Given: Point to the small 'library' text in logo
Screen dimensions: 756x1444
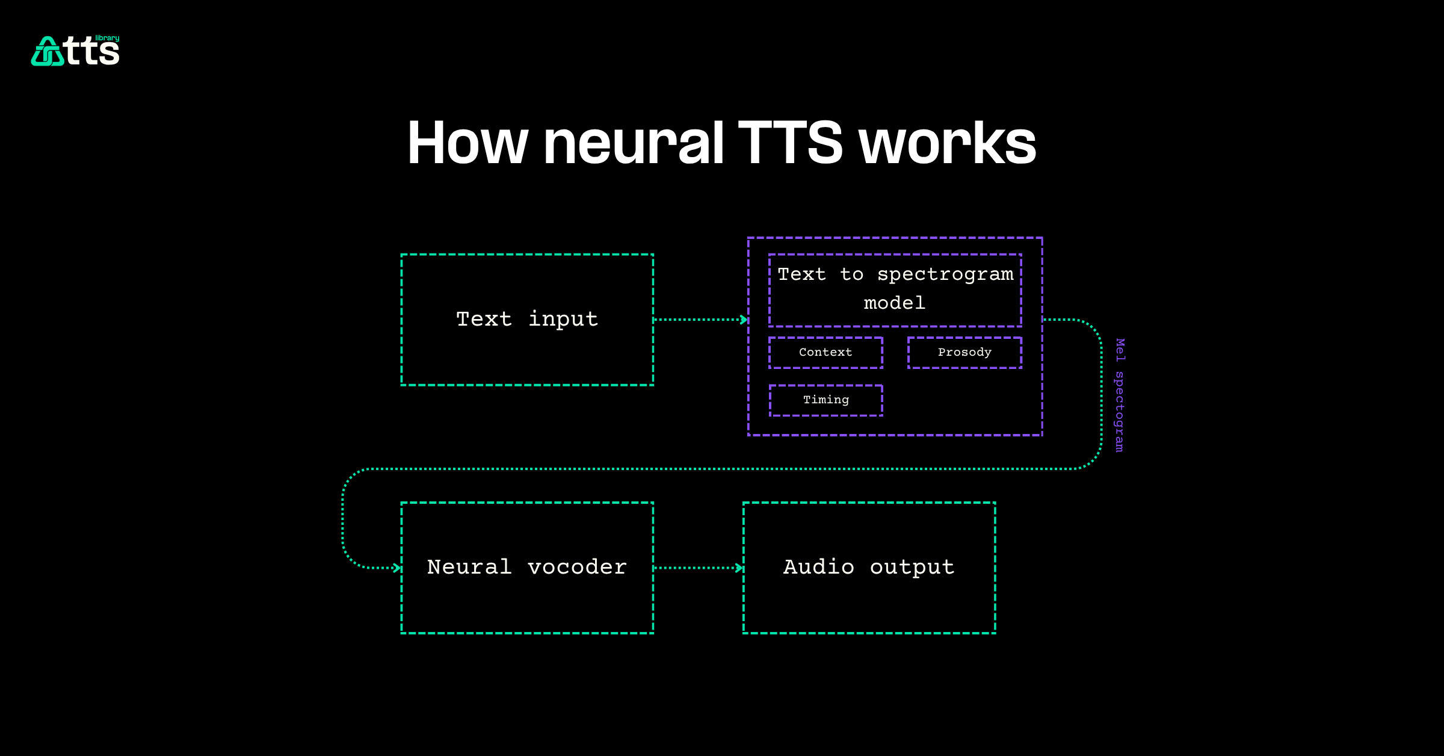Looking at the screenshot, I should tap(107, 38).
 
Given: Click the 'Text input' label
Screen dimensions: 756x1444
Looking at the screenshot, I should tap(527, 319).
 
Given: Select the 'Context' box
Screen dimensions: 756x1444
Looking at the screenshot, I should tap(825, 352).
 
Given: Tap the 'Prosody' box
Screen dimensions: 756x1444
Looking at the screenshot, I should tap(964, 352).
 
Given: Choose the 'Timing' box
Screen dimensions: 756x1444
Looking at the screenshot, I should tap(825, 400).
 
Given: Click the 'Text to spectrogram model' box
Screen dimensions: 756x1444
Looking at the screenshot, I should tap(895, 290).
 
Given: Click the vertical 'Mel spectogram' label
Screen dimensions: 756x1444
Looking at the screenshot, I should tap(1119, 395).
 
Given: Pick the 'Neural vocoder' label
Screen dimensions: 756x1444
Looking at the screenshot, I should tap(527, 567).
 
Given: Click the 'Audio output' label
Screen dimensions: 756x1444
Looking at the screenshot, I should tap(869, 567).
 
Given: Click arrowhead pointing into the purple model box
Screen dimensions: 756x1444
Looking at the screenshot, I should tap(744, 320).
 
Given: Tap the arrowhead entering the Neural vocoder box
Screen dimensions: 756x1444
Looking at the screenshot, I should tap(397, 568).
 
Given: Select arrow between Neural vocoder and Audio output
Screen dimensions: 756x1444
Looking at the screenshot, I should tap(698, 568).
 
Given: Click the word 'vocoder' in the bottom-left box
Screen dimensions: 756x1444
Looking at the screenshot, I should tap(577, 567).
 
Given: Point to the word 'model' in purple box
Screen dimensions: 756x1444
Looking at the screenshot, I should tap(895, 303).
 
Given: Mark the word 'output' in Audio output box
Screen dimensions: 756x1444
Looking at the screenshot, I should tap(912, 567).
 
